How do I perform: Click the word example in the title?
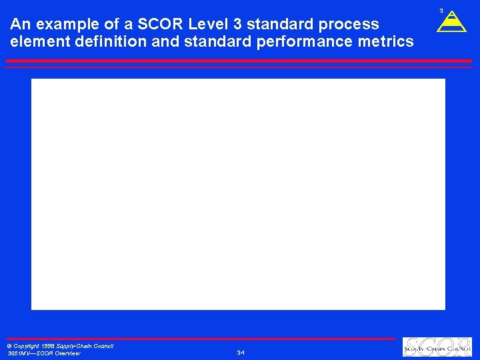(x=61, y=25)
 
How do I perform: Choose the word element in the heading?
(x=37, y=41)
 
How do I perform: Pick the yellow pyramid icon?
(x=451, y=22)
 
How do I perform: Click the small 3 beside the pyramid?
(x=441, y=11)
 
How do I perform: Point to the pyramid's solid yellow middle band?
(x=451, y=22)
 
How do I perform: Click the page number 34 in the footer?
(x=240, y=353)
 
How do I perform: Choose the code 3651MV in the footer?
(x=18, y=353)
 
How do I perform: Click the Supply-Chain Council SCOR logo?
(x=437, y=347)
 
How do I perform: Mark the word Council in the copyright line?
(x=103, y=346)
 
